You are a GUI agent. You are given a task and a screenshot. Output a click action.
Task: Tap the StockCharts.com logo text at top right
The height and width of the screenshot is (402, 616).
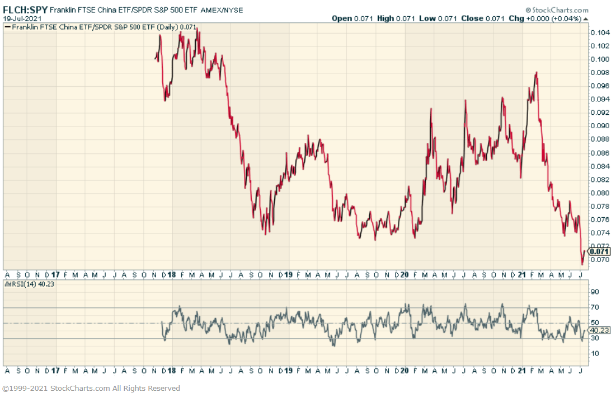pos(560,10)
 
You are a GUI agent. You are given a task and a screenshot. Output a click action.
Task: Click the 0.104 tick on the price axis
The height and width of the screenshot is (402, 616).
pos(600,32)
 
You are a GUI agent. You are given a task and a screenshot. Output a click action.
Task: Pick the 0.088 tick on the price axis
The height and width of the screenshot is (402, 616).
pos(600,139)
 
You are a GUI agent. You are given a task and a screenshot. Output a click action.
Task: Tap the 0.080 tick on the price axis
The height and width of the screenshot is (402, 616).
pos(600,193)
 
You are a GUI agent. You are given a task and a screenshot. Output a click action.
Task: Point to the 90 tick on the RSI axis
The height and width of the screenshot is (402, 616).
pos(595,292)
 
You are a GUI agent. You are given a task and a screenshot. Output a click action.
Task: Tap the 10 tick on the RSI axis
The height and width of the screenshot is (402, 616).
pos(595,353)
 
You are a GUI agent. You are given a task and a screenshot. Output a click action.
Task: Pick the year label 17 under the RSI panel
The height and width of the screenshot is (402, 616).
pos(55,371)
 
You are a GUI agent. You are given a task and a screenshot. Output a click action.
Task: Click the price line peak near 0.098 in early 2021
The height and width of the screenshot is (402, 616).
pos(537,72)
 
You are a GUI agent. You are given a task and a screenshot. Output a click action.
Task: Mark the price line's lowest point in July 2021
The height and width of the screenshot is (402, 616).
pos(582,264)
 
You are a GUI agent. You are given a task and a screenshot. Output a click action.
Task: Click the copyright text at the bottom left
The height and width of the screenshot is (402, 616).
pos(91,388)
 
